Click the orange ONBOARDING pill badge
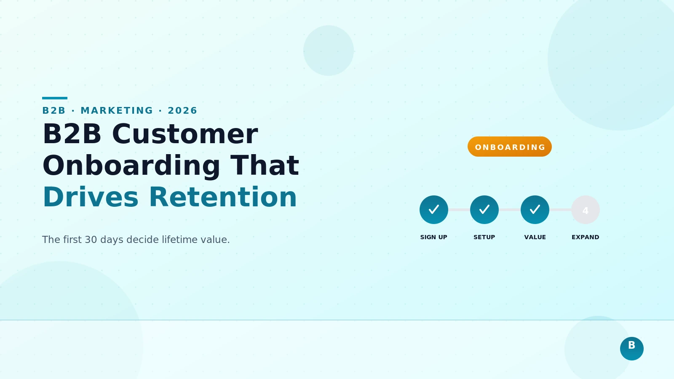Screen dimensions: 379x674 (510, 147)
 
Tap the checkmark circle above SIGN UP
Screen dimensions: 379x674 (434, 210)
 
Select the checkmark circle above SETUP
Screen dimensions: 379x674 (484, 210)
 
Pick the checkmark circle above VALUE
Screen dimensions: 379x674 (535, 210)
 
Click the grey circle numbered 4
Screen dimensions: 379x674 (586, 210)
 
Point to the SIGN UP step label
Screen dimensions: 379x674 (433, 237)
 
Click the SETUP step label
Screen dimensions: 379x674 (484, 237)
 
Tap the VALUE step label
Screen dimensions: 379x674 (535, 237)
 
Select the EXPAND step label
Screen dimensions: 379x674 (585, 237)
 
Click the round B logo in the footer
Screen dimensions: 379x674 (632, 349)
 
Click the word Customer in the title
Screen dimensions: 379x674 (185, 134)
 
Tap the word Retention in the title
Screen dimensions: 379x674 (223, 197)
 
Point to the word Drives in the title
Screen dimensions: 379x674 (91, 197)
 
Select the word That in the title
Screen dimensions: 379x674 (265, 165)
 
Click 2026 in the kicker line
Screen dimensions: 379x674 (182, 110)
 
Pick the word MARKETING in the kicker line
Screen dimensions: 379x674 (117, 110)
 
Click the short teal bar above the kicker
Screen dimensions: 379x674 (55, 98)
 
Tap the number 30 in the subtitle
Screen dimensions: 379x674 (91, 240)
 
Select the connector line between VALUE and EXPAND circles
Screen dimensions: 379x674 (560, 210)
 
